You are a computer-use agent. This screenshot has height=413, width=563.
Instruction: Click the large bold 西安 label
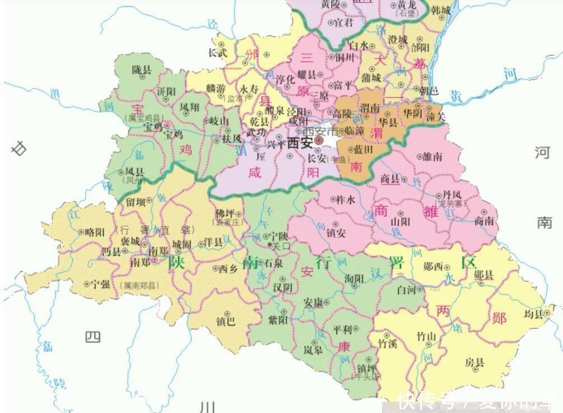[300, 143]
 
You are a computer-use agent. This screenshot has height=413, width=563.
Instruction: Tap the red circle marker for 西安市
[318, 140]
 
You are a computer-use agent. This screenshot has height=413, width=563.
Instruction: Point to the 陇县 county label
[141, 70]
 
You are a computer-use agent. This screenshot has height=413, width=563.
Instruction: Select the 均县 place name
[534, 314]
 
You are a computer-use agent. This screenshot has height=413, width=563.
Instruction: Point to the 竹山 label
[426, 336]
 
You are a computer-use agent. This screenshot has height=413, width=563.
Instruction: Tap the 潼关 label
[434, 117]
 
